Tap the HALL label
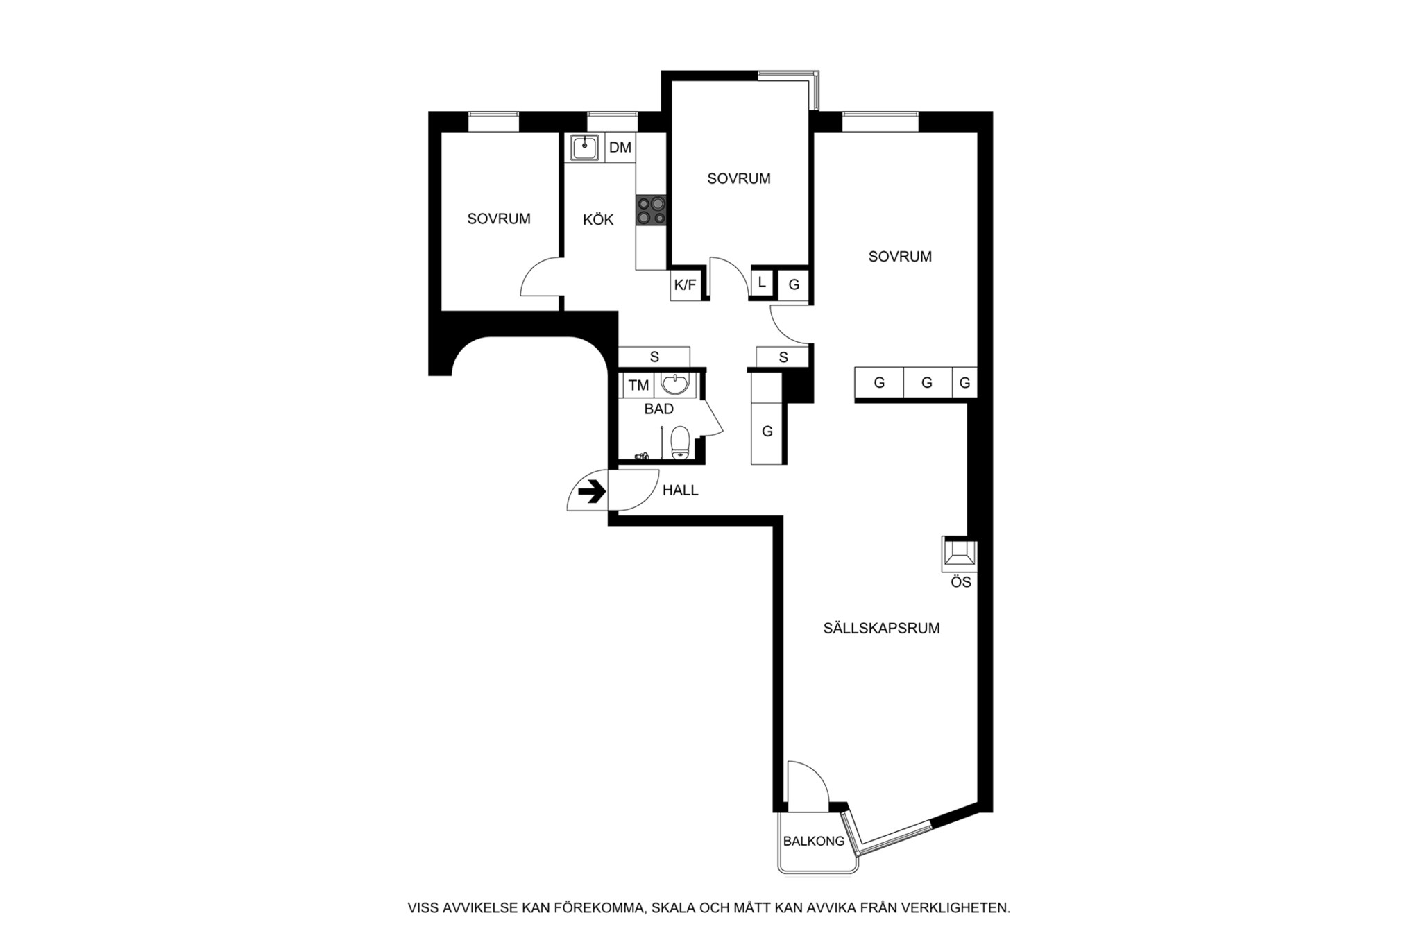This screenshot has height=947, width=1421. pos(680,490)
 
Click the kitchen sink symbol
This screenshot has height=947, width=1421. pos(586,147)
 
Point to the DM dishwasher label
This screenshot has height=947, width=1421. pos(620,147)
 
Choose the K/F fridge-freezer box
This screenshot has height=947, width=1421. pos(685,284)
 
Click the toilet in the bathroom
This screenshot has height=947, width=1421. pos(680,443)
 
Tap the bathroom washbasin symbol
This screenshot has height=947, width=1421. pos(675,384)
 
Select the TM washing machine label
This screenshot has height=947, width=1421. pos(638,385)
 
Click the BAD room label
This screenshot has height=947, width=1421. pos(658,409)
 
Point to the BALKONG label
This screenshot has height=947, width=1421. pos(814,842)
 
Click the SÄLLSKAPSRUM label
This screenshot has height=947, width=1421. pos(881,628)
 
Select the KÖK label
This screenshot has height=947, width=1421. pos(598,219)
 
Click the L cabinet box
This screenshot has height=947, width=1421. pos(762,282)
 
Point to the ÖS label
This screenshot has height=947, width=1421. pos(961,583)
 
